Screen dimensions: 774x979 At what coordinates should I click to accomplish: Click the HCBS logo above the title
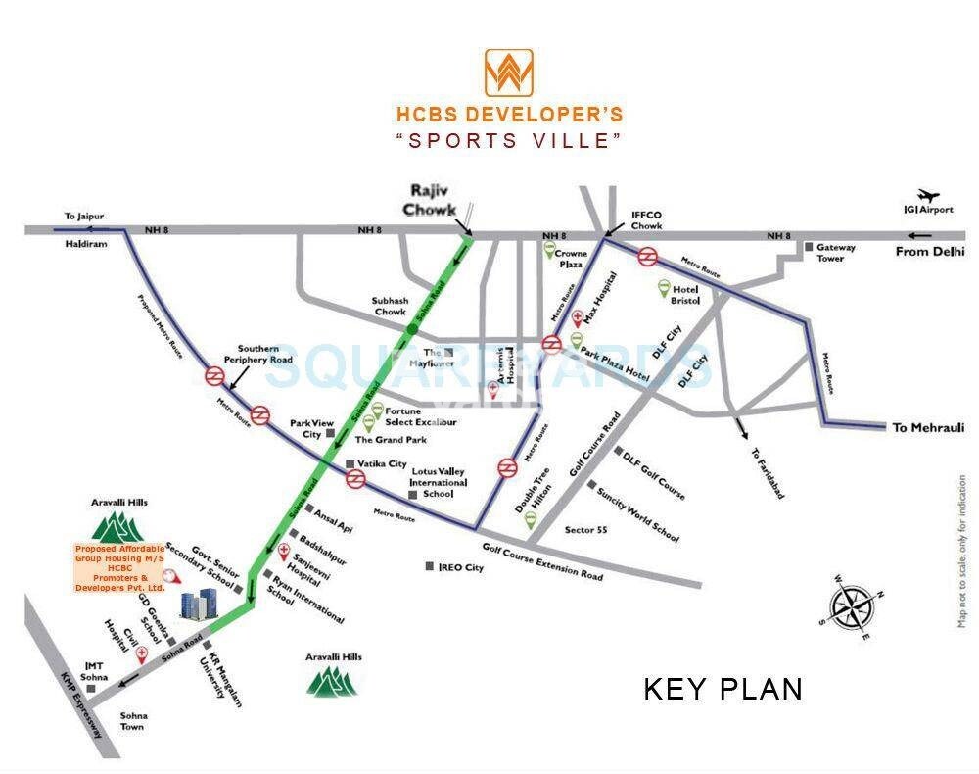pos(508,73)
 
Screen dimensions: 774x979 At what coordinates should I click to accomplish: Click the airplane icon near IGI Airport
pos(928,196)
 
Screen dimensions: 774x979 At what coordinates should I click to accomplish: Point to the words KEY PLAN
pos(723,689)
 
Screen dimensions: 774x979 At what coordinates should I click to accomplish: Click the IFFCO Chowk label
pos(646,218)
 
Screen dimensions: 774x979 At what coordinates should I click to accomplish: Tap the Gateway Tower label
pos(836,253)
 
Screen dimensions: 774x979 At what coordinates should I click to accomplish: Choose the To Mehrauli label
pos(928,427)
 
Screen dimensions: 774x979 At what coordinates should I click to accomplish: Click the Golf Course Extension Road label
pos(542,562)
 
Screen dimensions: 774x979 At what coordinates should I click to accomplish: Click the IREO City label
pos(460,567)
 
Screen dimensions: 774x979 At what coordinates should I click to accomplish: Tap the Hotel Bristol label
pos(685,295)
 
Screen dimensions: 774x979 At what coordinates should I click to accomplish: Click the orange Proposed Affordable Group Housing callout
pos(119,567)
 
